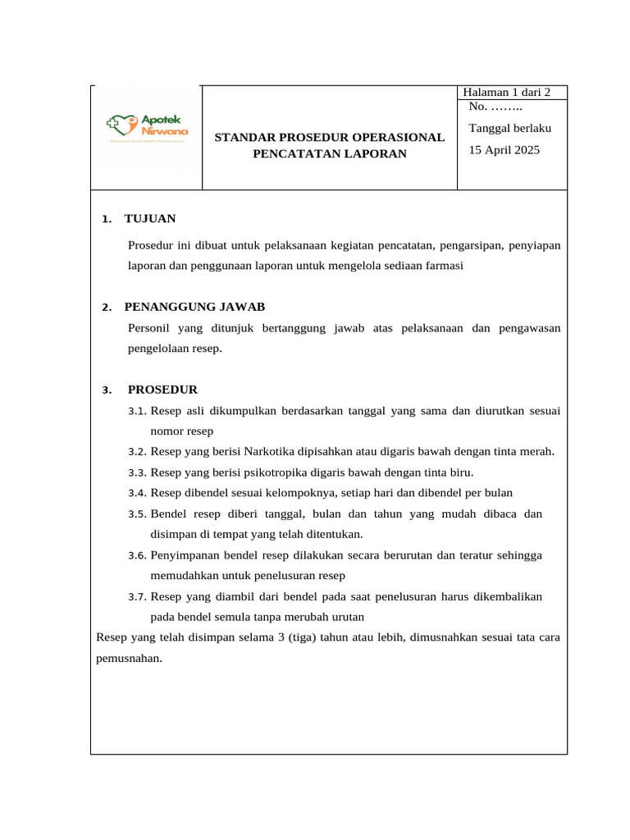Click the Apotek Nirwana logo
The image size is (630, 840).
tap(148, 126)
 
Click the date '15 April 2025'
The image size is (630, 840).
tap(504, 150)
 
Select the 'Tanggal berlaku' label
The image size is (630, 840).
tap(509, 128)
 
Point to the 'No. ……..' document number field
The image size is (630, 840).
tap(496, 107)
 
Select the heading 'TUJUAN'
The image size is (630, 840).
tap(149, 219)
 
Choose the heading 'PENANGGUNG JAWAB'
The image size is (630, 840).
tap(194, 307)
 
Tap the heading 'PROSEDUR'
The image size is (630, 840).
tap(162, 390)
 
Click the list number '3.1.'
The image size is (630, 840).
tap(137, 411)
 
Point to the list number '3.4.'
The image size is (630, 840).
tap(137, 493)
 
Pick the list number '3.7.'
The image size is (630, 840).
tap(137, 596)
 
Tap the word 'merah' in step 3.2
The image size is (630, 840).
tap(537, 451)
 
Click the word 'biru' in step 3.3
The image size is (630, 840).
tap(461, 472)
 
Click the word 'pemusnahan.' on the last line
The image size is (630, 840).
tap(130, 658)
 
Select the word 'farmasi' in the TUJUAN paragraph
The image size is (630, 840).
tap(444, 265)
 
